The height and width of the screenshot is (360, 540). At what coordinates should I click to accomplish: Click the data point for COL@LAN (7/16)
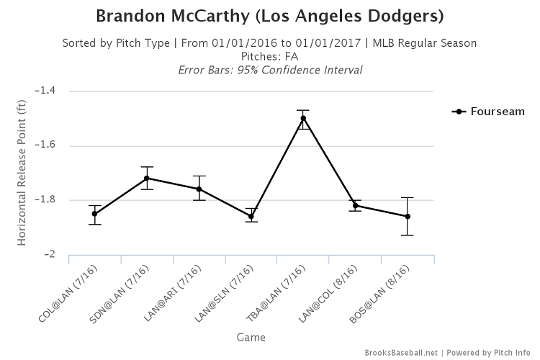(95, 214)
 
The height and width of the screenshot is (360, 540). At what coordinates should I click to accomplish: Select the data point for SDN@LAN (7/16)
(147, 178)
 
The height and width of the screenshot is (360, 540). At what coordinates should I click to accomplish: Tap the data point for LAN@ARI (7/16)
(199, 189)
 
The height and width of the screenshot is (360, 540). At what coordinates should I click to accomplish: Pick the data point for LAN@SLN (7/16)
(251, 216)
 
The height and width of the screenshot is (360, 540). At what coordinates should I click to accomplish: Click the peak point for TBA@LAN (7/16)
(303, 118)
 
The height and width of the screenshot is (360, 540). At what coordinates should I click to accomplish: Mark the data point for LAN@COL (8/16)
(356, 206)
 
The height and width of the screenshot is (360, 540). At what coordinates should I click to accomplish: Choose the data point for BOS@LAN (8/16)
(408, 216)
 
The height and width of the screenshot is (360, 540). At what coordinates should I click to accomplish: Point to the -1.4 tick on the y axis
(53, 91)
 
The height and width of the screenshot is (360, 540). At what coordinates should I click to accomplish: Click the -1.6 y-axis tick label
(53, 145)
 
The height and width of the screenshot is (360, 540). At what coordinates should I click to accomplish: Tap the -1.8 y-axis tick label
(53, 200)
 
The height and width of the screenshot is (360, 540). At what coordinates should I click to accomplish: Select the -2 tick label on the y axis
(56, 255)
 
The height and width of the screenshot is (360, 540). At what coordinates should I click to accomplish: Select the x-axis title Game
(251, 336)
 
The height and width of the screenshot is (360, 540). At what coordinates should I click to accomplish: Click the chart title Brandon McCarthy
(270, 15)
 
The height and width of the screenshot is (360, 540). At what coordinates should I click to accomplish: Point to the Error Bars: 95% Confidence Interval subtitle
(270, 70)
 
